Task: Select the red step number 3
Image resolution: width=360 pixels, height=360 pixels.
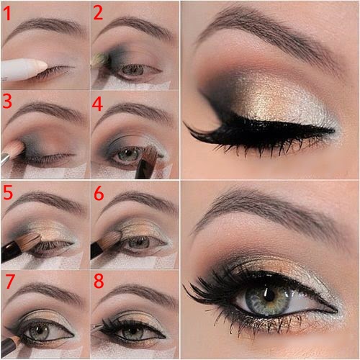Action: point(8,101)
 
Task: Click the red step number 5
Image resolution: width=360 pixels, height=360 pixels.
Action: point(8,192)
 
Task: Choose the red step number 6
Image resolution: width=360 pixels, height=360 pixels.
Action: point(99,192)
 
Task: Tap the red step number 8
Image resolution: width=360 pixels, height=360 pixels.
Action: point(99,281)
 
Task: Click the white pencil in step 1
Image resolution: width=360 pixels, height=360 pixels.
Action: point(22,69)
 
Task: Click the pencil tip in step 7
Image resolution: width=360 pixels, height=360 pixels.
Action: point(15,336)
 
